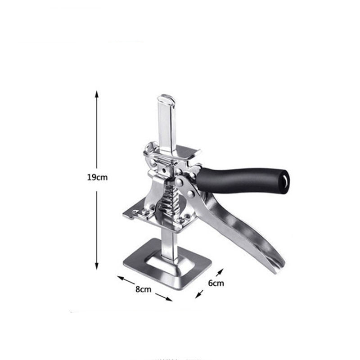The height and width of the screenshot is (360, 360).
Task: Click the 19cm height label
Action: click(x=97, y=177)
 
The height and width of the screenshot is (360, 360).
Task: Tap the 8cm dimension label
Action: click(x=143, y=289)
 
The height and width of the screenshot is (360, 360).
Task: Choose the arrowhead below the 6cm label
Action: click(x=198, y=296)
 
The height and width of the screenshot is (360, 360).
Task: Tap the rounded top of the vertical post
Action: click(x=166, y=97)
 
